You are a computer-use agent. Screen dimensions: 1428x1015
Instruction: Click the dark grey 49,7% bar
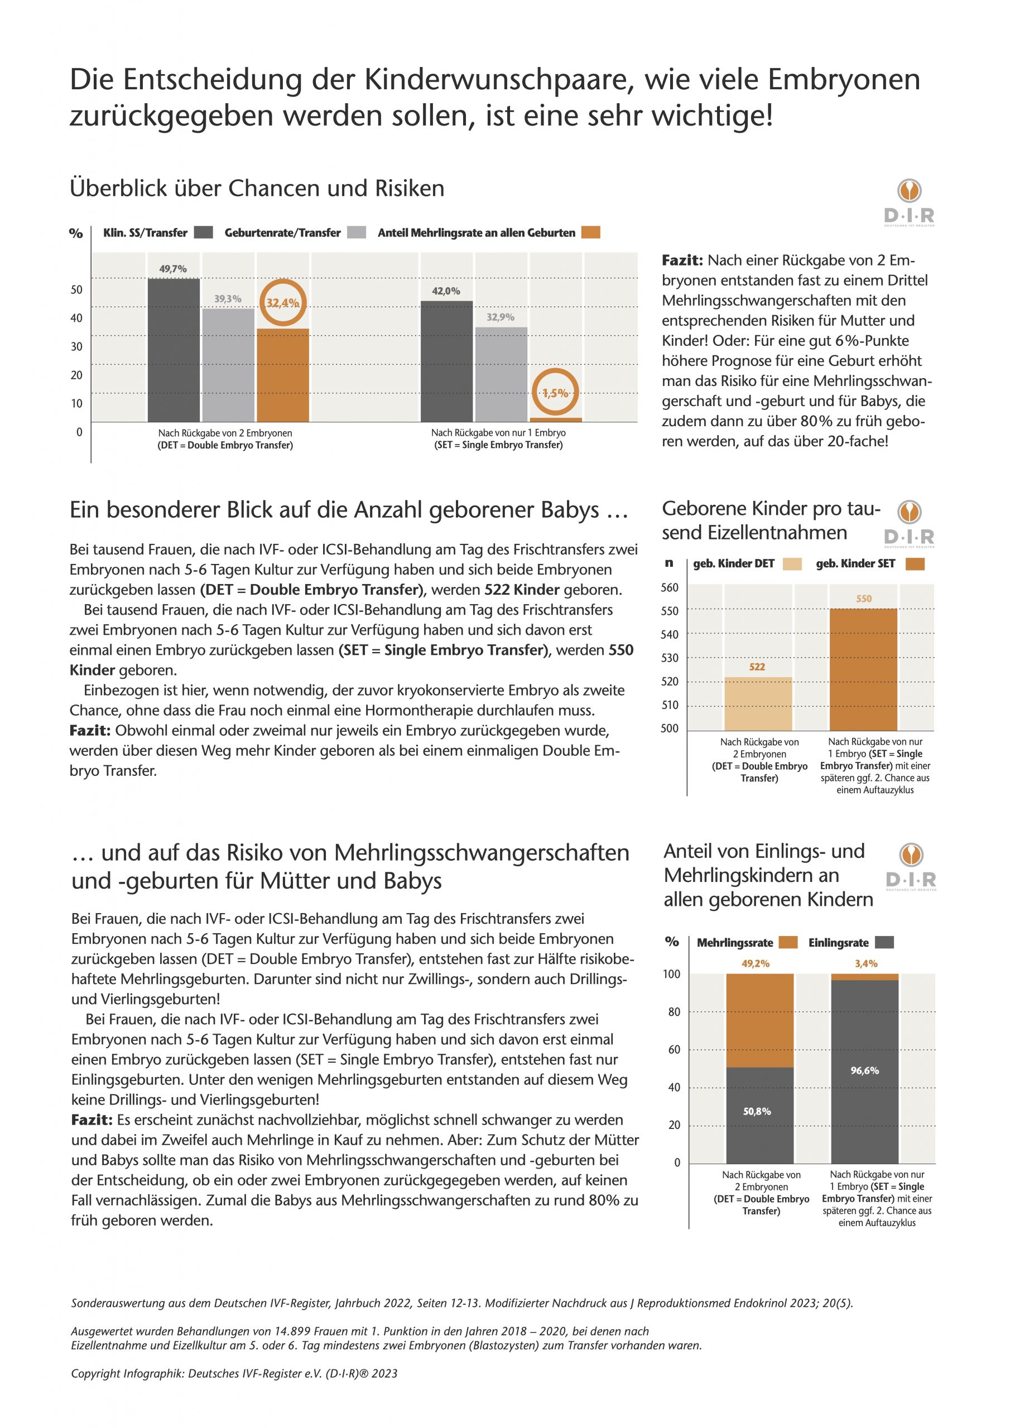tap(174, 350)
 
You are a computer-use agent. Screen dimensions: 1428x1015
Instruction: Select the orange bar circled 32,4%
tap(282, 375)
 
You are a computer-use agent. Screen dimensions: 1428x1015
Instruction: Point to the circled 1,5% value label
tap(555, 393)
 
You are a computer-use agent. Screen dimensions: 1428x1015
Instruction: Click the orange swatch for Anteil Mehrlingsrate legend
tap(590, 233)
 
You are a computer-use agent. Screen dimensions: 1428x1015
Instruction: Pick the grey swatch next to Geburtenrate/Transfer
tap(356, 233)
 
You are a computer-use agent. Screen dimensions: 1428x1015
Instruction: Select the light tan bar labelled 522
tap(758, 703)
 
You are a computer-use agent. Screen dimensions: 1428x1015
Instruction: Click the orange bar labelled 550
tap(863, 669)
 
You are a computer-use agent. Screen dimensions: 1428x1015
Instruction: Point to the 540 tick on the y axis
tap(670, 634)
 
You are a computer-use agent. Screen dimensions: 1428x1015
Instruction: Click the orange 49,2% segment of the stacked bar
tap(759, 1020)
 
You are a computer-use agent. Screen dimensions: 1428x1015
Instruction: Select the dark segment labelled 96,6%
tap(864, 1070)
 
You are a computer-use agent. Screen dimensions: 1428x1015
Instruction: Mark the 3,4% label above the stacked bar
tap(865, 964)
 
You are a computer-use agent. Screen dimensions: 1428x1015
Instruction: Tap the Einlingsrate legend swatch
tap(884, 943)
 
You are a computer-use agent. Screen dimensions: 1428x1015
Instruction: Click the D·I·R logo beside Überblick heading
tap(910, 203)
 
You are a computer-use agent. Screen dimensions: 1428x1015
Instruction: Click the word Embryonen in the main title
tap(844, 80)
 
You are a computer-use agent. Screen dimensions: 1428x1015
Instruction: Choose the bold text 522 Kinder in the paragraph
tap(522, 590)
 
